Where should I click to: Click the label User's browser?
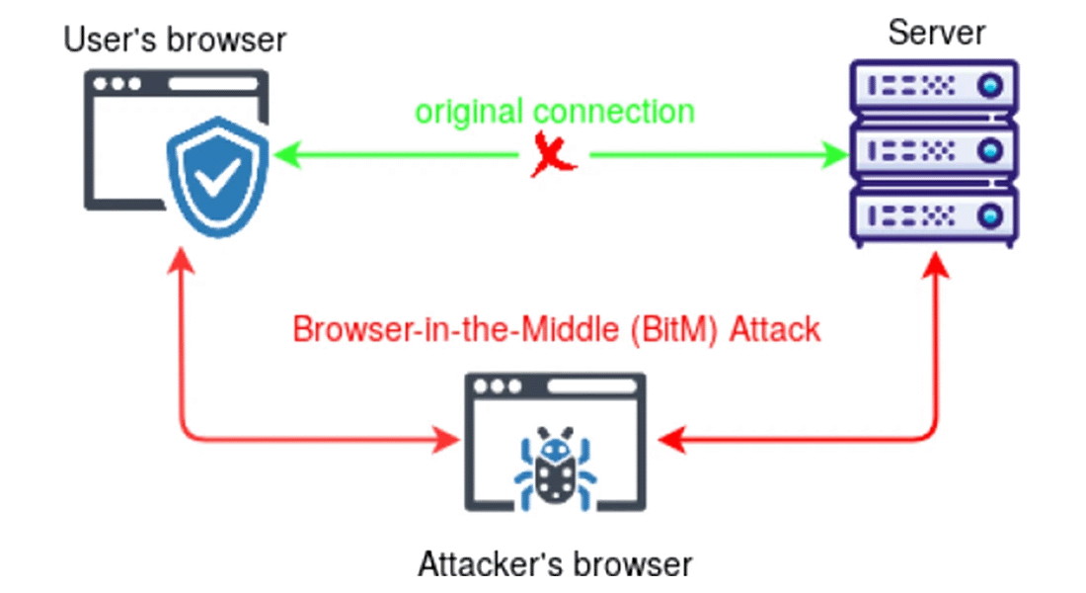click(175, 41)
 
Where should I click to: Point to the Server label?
click(936, 32)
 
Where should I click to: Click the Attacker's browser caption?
click(555, 564)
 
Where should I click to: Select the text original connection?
click(555, 111)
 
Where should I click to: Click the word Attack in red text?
click(775, 329)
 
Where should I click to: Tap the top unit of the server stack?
click(934, 87)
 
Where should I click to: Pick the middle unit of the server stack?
click(934, 150)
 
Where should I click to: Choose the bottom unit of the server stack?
click(934, 214)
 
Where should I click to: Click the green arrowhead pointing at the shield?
click(285, 154)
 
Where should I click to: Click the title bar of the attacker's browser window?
click(554, 386)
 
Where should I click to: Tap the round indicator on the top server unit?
click(990, 87)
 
